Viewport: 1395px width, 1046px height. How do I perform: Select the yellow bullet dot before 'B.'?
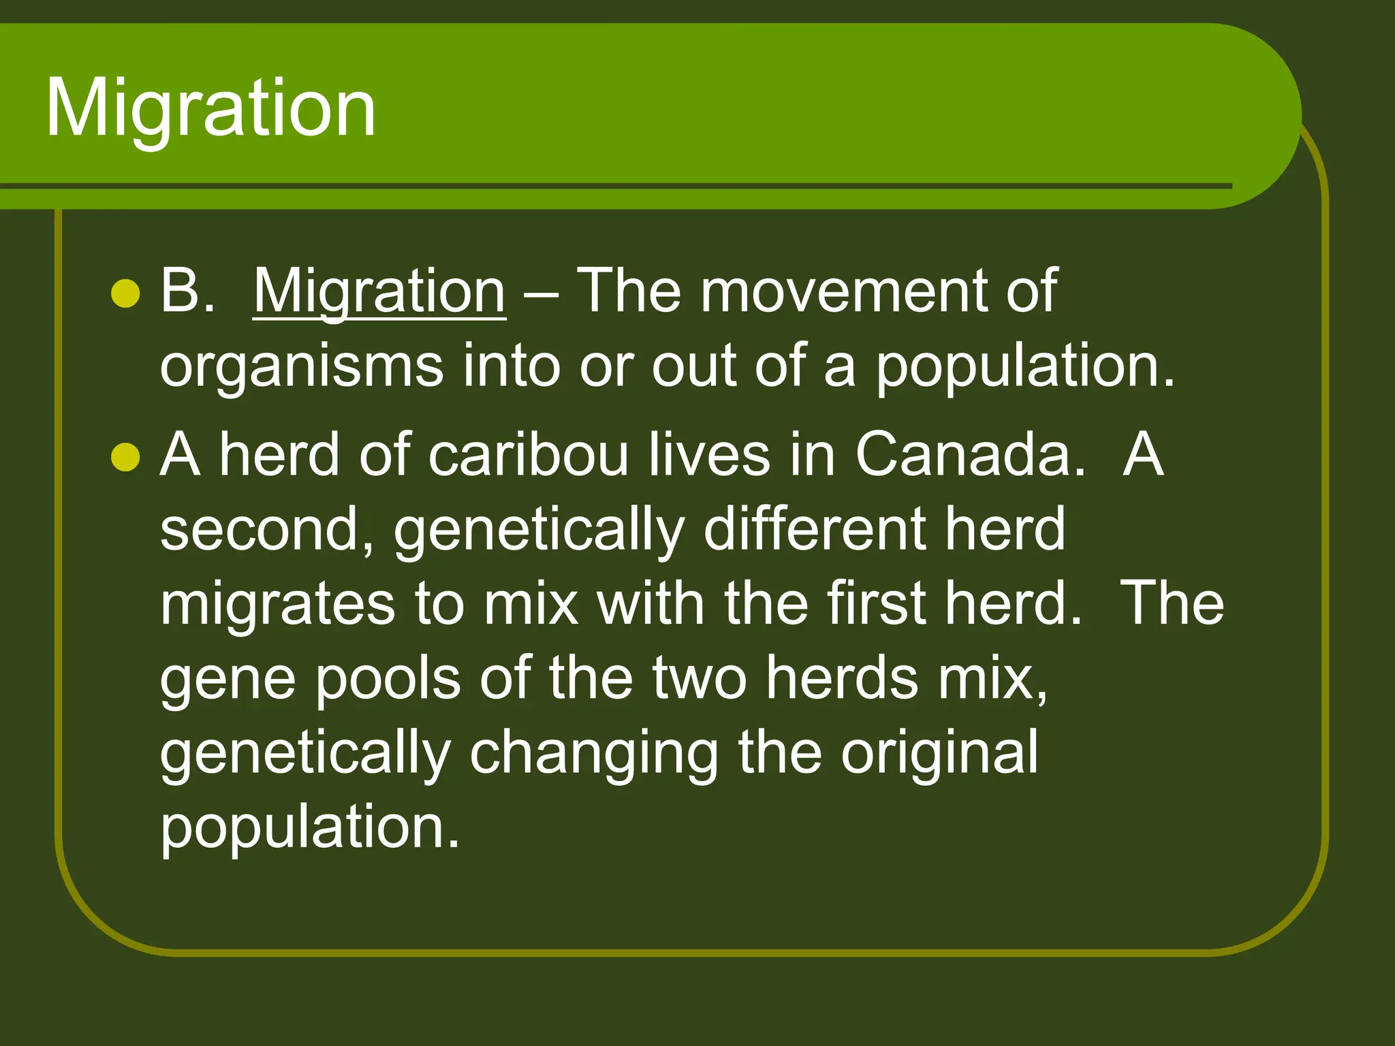point(125,294)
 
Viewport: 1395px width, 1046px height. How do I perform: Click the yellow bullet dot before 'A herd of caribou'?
point(125,456)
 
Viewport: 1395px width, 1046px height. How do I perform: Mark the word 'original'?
point(939,753)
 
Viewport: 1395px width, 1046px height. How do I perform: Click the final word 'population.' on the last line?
point(310,827)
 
